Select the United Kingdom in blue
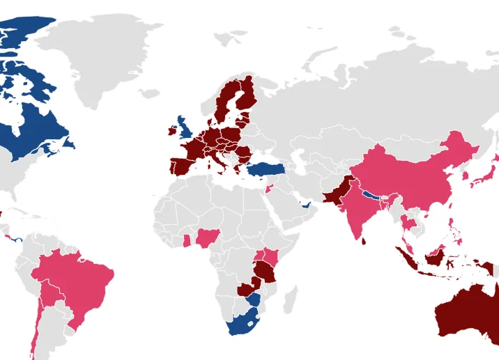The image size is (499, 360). tap(185, 129)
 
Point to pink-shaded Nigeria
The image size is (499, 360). tap(207, 239)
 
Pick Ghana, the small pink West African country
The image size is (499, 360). tap(187, 241)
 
